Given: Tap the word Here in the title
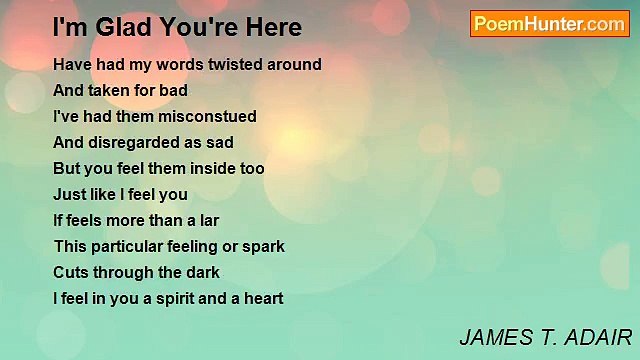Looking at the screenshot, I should [268, 27].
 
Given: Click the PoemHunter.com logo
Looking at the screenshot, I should [549, 23].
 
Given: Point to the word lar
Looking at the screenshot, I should [207, 220].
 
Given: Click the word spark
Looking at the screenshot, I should [264, 246].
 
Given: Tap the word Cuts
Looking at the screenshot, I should [70, 272].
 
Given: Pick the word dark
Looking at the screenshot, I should [202, 272].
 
